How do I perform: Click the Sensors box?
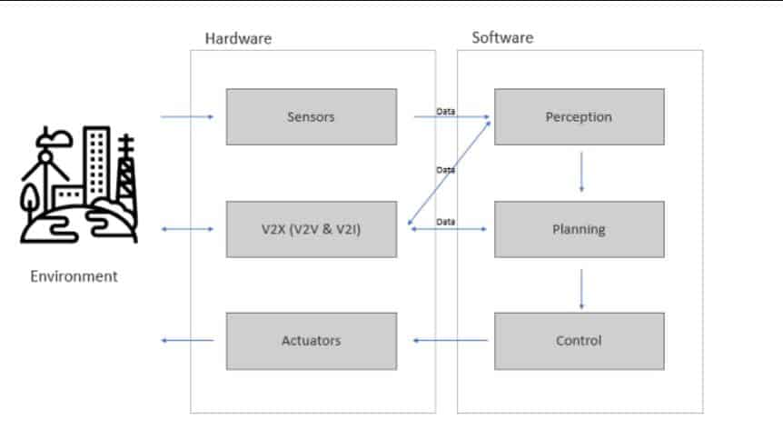311,116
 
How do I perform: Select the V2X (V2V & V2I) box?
311,229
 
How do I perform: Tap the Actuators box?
311,341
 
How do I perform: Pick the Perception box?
579,116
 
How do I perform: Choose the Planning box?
579,229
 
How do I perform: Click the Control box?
579,341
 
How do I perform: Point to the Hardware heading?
238,38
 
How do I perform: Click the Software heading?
502,38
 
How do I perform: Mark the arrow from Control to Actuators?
450,341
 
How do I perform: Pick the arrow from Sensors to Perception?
451,117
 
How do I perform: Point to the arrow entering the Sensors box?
186,116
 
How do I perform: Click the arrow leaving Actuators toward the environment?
187,341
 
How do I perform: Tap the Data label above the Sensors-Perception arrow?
446,110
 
